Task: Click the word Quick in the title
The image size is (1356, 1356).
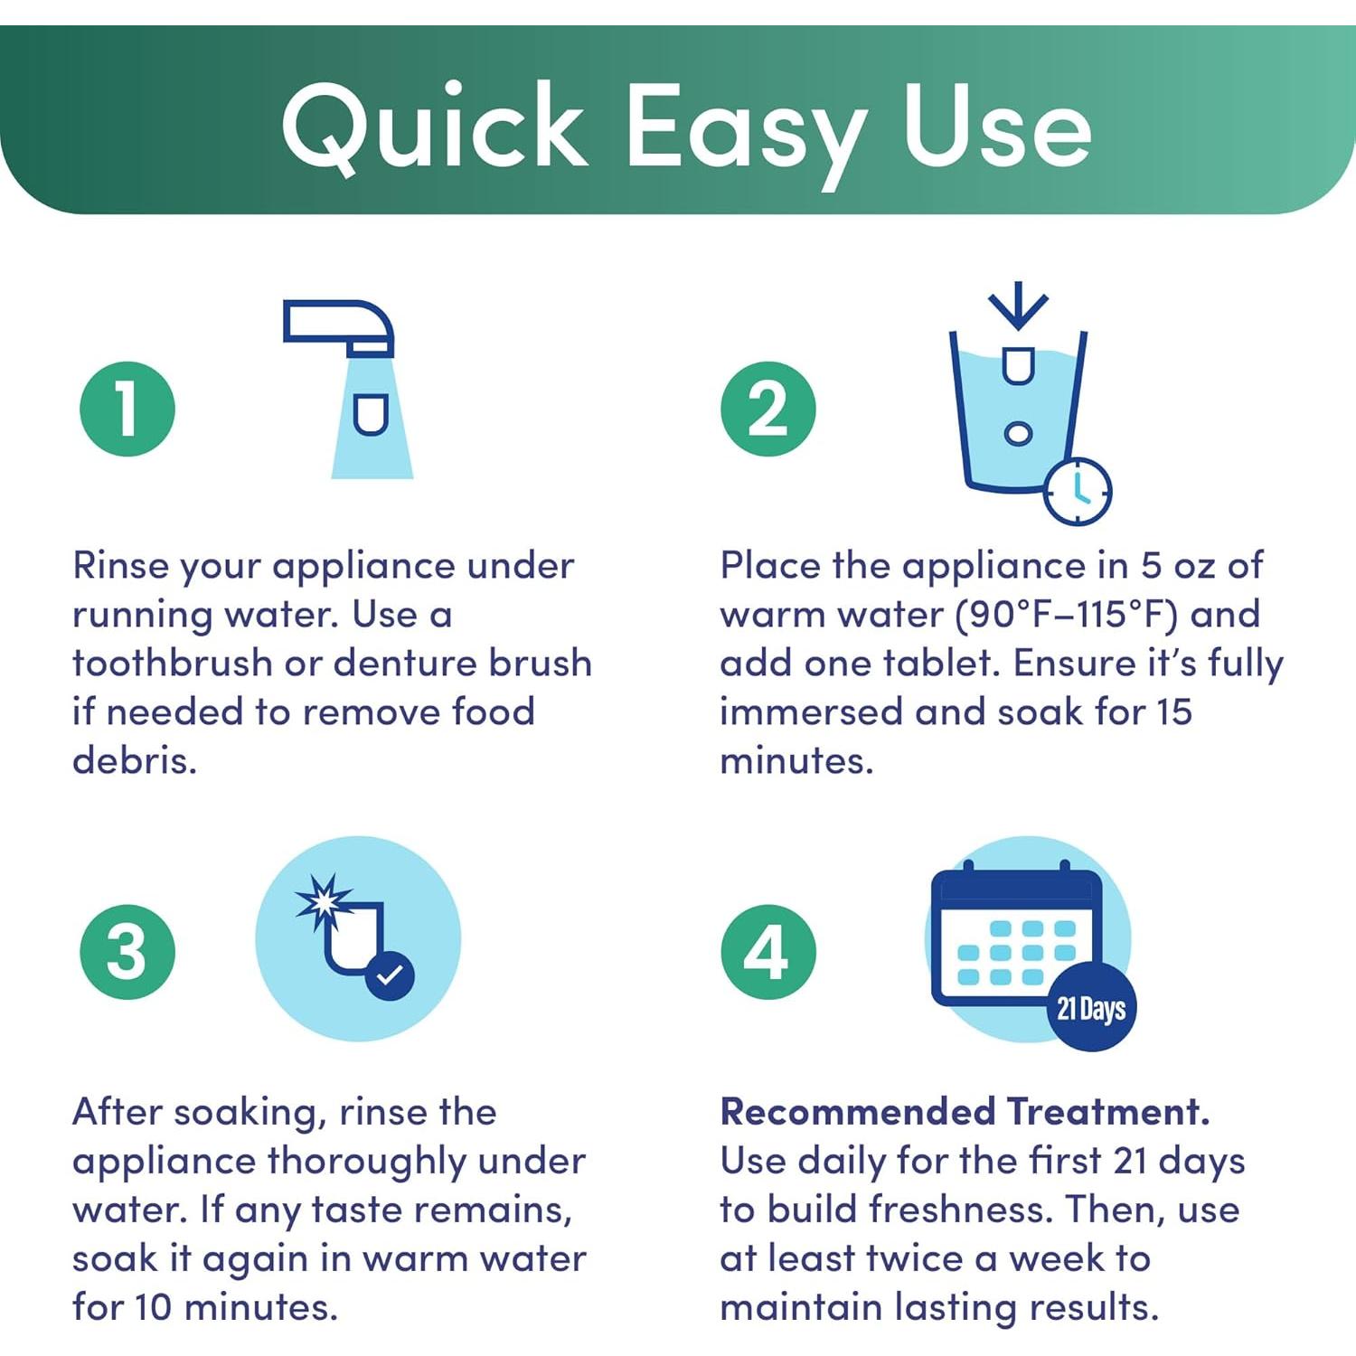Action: [x=435, y=127]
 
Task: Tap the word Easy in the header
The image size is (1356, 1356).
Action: [x=747, y=136]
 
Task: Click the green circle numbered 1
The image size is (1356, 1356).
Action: [x=127, y=409]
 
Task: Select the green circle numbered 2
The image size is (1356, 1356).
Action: [x=768, y=409]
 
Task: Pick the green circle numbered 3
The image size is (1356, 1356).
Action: [x=127, y=952]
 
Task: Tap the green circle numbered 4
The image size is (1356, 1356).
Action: [x=768, y=952]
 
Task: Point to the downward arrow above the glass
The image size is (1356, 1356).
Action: [x=1019, y=306]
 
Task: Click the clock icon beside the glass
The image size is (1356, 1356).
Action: [x=1078, y=491]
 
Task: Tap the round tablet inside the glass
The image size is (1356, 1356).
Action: [x=1019, y=433]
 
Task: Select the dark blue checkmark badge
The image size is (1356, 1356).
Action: [x=390, y=976]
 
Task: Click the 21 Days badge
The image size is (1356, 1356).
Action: [x=1091, y=1007]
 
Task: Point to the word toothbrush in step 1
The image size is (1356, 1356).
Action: [x=172, y=663]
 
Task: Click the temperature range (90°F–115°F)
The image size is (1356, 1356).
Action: [x=1067, y=615]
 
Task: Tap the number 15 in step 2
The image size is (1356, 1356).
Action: [x=1173, y=711]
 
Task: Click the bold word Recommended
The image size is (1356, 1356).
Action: [x=858, y=1111]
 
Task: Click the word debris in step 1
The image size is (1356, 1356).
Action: [x=135, y=760]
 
